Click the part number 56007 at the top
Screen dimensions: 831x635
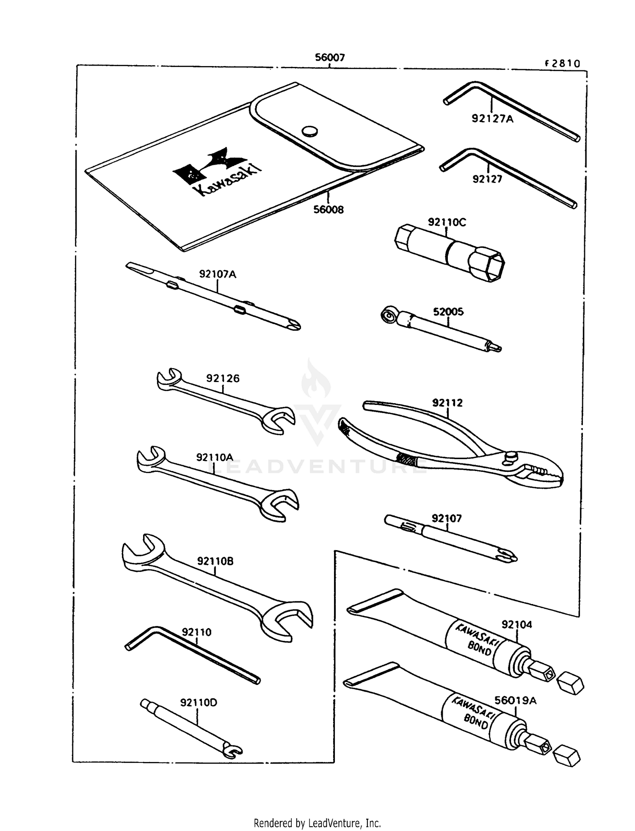(x=329, y=58)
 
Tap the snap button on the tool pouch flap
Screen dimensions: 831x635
(x=310, y=131)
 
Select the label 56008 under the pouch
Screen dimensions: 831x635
(x=328, y=210)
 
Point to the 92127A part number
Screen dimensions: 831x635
(x=492, y=119)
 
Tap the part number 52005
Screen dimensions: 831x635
(x=448, y=312)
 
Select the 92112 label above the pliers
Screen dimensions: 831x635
(x=447, y=403)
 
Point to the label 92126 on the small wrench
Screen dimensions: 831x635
(x=223, y=379)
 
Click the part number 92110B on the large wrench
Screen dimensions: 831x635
(x=215, y=562)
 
